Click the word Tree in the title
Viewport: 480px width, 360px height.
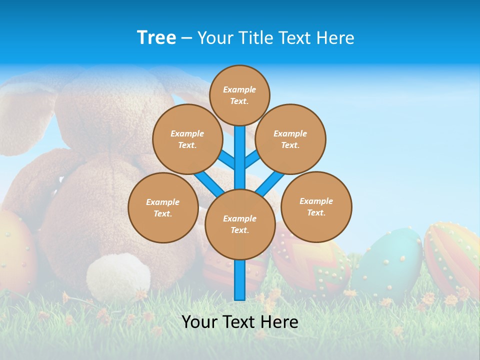click(x=156, y=37)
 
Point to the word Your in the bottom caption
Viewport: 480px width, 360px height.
click(x=199, y=322)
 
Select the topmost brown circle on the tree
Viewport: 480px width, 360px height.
click(x=239, y=95)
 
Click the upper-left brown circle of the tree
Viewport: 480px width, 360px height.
click(x=187, y=139)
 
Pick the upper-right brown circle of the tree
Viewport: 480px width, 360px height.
click(x=290, y=139)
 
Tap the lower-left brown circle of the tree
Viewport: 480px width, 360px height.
click(x=163, y=207)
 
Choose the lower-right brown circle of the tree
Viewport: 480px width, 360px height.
click(x=316, y=206)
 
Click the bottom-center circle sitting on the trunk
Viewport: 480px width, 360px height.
click(x=240, y=224)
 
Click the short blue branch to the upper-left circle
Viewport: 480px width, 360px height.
click(x=226, y=159)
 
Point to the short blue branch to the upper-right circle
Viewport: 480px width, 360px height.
click(x=252, y=160)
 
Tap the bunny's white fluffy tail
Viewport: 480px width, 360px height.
click(x=118, y=276)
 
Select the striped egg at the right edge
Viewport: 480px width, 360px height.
click(x=452, y=257)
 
